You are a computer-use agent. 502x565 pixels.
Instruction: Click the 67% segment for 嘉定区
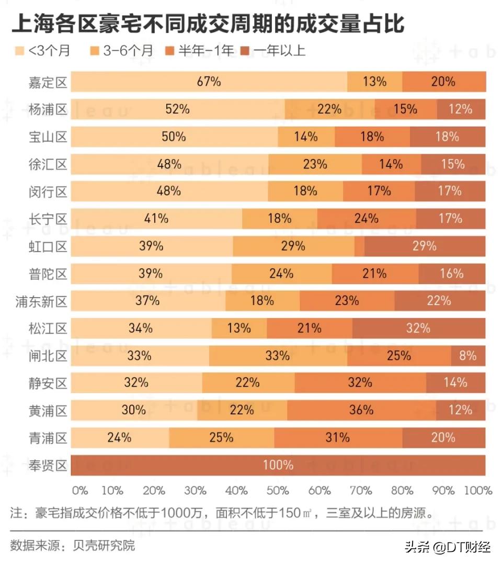(x=209, y=82)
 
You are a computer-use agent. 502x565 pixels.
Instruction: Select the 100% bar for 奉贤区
(x=278, y=465)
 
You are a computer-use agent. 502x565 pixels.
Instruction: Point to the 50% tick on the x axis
(x=278, y=491)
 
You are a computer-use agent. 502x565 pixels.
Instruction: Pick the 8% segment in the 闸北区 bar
(x=468, y=356)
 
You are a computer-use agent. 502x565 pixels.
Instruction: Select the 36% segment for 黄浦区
(x=361, y=410)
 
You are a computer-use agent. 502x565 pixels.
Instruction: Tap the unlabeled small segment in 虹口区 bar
(x=359, y=246)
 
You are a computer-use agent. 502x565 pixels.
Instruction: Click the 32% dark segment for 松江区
(x=418, y=329)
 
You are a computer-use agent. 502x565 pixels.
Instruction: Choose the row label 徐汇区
(x=48, y=164)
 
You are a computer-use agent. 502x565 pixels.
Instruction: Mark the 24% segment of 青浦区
(x=120, y=437)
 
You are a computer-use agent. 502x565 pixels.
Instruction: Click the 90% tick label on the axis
(x=444, y=491)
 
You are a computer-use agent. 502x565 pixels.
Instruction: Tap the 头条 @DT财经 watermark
(x=447, y=547)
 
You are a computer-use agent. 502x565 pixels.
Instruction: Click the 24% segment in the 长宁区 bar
(x=366, y=219)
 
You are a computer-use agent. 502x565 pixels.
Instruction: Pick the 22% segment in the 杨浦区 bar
(x=329, y=109)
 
